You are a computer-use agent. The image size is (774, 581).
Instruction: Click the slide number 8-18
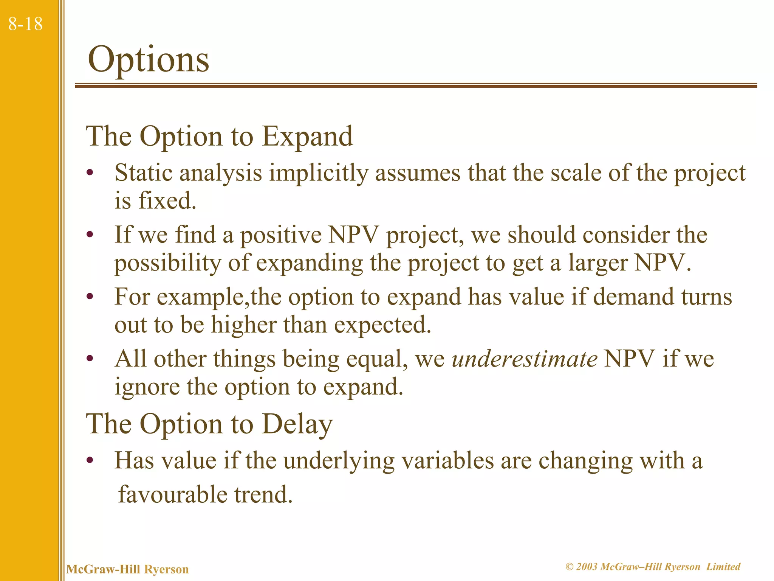pos(25,24)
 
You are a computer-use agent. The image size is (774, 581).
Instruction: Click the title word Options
pos(148,60)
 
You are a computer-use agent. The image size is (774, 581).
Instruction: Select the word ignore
pos(147,387)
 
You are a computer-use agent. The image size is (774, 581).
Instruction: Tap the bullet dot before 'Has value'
pos(90,461)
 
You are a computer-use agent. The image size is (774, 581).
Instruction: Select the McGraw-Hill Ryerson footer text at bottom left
pos(127,569)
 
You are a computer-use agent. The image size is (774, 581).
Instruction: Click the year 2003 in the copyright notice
pos(587,567)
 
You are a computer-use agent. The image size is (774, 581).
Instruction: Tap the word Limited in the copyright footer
pos(723,567)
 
